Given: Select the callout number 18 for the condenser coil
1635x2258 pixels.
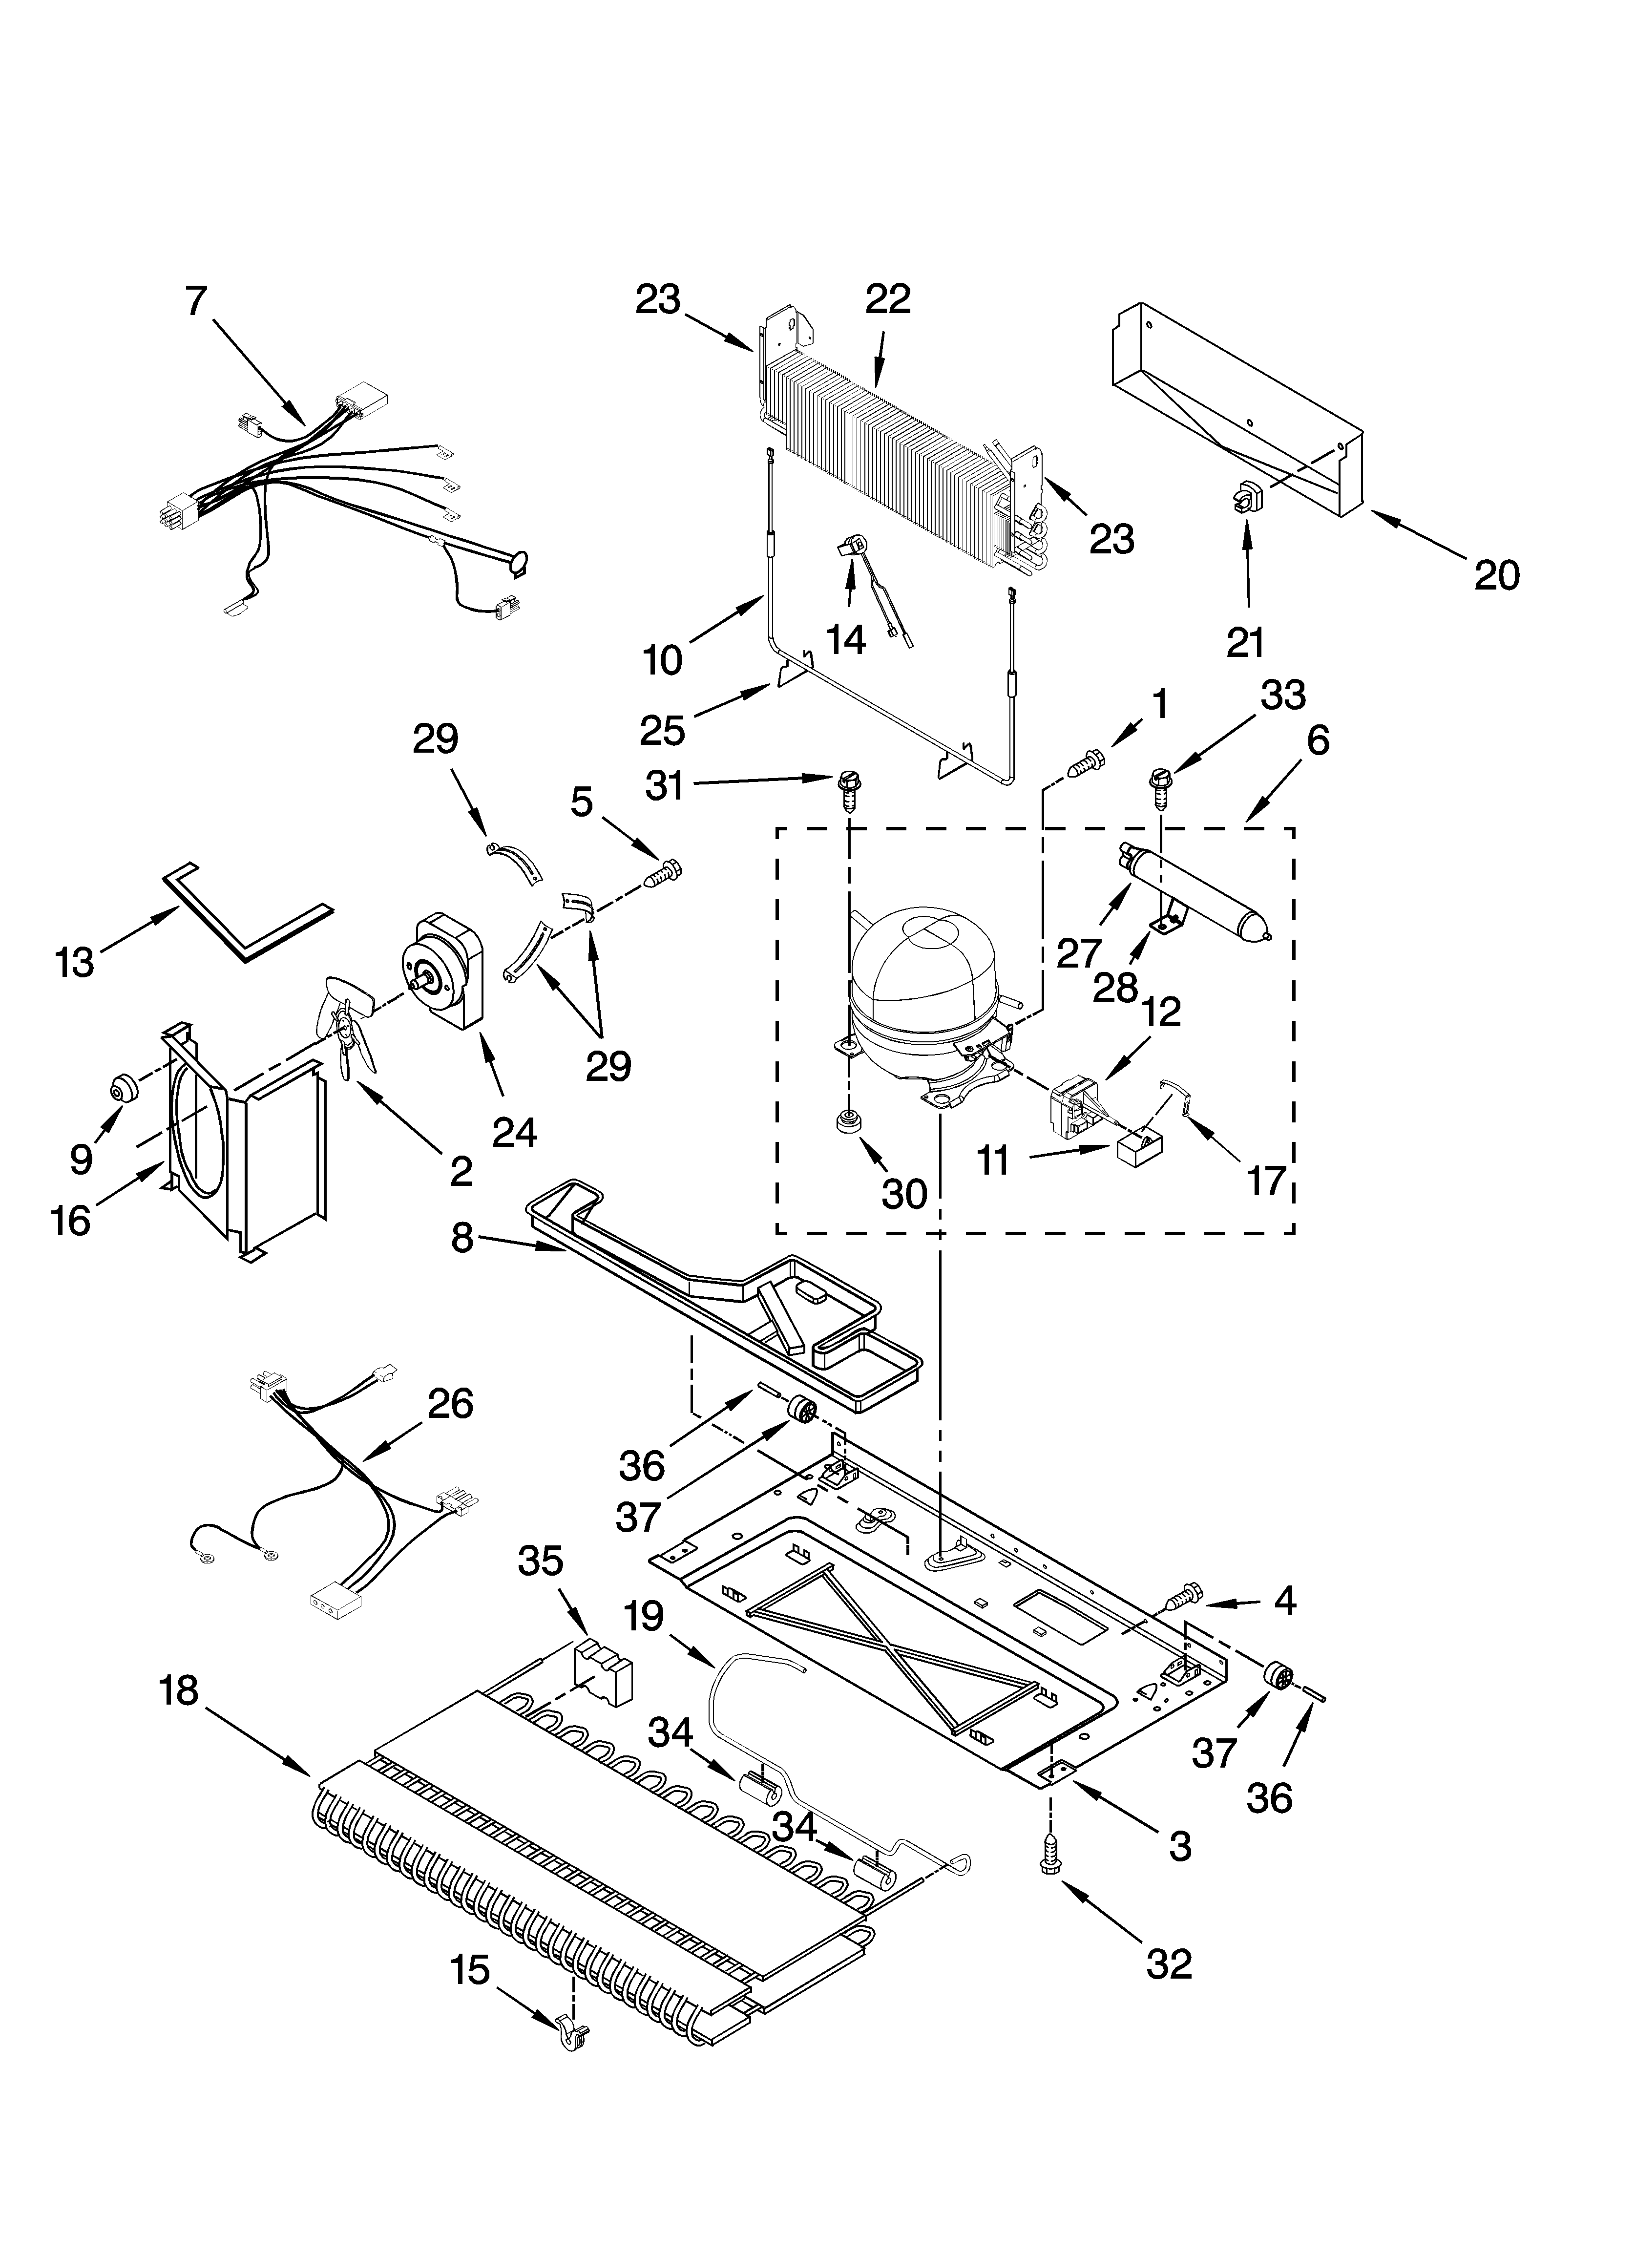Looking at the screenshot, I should tap(179, 1690).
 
